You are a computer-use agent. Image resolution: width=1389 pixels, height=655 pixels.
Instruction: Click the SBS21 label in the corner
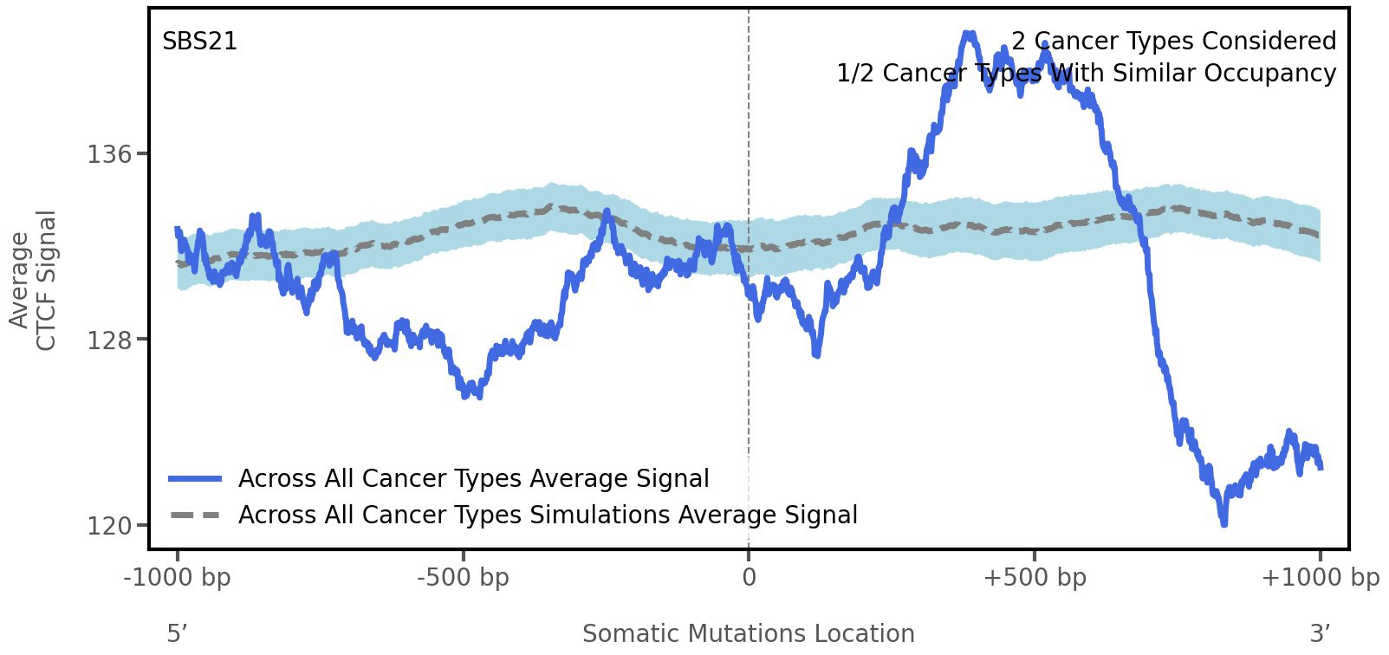pos(199,42)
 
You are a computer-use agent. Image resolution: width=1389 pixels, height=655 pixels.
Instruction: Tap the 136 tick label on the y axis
pos(110,154)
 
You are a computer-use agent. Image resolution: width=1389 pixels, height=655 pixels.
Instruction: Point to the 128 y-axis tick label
pos(110,340)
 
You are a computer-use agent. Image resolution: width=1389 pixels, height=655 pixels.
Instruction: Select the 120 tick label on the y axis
pos(110,526)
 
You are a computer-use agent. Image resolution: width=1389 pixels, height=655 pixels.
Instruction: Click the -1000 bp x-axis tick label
pos(178,577)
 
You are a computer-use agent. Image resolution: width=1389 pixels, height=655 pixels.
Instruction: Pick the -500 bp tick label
pos(463,577)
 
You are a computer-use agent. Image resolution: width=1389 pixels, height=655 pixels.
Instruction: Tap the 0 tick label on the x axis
pos(749,577)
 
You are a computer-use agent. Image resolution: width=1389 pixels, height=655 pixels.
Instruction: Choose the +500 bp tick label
pos(1035,577)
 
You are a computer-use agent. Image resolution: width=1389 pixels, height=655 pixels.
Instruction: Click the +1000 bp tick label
pos(1320,577)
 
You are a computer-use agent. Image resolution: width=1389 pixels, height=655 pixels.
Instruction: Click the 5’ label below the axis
pos(177,633)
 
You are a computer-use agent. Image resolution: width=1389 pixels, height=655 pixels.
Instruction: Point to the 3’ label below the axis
pos(1320,633)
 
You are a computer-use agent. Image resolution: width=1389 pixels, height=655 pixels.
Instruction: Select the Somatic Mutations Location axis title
pos(749,633)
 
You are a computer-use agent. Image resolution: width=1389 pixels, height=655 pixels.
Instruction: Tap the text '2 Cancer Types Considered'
pos(1173,42)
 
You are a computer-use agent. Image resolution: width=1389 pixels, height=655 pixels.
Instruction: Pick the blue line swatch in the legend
pos(196,479)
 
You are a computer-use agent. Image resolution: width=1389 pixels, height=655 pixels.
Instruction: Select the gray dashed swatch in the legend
pos(196,516)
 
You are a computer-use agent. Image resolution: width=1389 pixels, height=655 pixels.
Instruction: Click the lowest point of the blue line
pos(1223,523)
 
